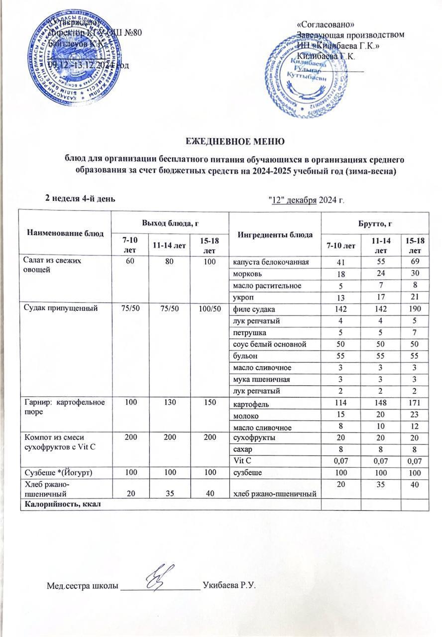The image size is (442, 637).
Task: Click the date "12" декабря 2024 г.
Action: (307, 200)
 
